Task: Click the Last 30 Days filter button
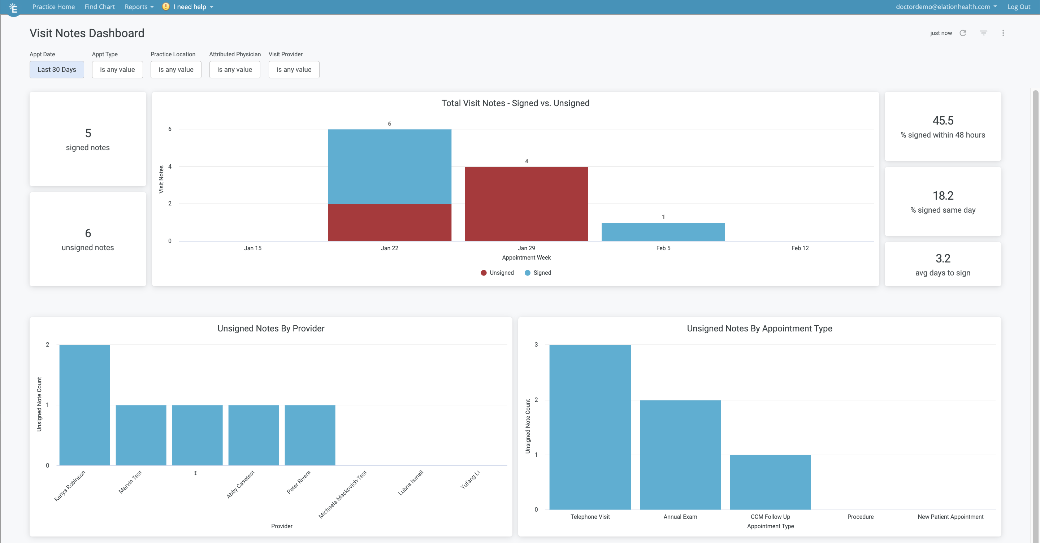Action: click(57, 69)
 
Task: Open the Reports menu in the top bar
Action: click(138, 7)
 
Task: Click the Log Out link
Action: click(1018, 7)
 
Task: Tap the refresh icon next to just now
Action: click(962, 33)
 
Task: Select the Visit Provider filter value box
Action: click(294, 69)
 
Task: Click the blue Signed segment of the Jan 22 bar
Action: click(389, 166)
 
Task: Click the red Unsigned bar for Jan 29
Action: click(526, 204)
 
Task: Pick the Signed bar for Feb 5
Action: click(663, 232)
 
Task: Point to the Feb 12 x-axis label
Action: click(799, 248)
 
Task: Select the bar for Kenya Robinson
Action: click(84, 405)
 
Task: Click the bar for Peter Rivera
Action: click(310, 435)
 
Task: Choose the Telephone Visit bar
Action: click(590, 427)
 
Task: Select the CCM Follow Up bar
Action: click(770, 482)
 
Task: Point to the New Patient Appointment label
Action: click(950, 517)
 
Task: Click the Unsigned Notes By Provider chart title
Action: click(270, 329)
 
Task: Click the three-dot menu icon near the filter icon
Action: click(1003, 33)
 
